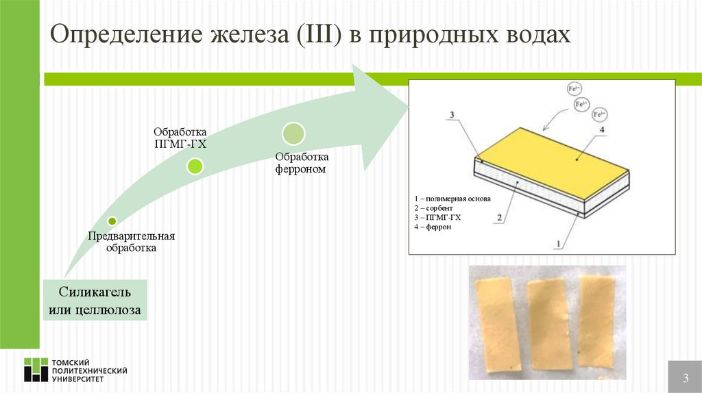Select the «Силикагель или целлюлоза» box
pos(95,301)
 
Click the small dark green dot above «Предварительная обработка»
pos(112,221)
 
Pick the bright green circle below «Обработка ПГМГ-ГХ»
pos(195,166)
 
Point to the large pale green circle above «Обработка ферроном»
pos(293,133)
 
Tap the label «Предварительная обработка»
pos(131,242)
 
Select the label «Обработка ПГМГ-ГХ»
pos(180,137)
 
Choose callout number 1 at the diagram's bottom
pos(558,242)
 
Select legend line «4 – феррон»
pos(433,226)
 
